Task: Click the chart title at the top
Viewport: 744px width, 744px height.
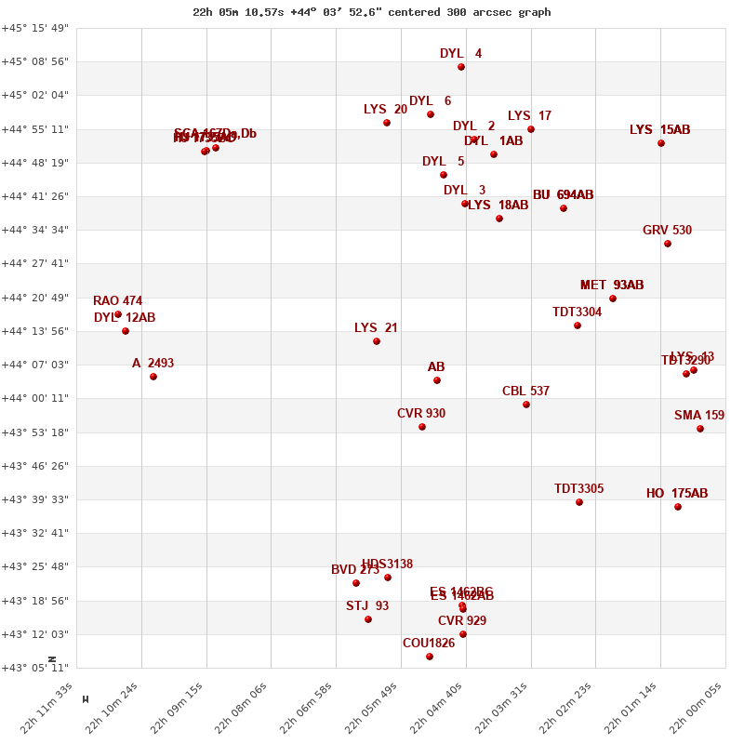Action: [372, 12]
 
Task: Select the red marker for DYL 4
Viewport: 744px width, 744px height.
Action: [461, 67]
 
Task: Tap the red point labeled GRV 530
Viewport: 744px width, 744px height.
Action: [668, 244]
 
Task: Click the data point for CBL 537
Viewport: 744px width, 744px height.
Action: [526, 405]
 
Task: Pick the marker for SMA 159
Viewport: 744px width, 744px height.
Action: [700, 429]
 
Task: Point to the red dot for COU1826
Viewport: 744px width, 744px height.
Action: [430, 657]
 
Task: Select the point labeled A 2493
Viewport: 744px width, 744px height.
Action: [153, 377]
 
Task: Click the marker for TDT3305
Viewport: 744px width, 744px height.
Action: [579, 502]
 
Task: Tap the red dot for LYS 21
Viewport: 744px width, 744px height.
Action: [377, 341]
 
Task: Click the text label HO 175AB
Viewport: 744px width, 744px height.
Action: [677, 493]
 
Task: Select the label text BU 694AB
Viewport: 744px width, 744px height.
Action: [563, 194]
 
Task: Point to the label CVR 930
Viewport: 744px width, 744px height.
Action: [421, 413]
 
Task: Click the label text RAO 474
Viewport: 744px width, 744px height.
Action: [118, 300]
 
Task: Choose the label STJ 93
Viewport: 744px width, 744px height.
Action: [367, 605]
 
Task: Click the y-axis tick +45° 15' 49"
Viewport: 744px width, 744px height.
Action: [35, 28]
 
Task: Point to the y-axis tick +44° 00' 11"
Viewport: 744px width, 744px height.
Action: [35, 398]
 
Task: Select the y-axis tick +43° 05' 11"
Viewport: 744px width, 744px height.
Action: [35, 668]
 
